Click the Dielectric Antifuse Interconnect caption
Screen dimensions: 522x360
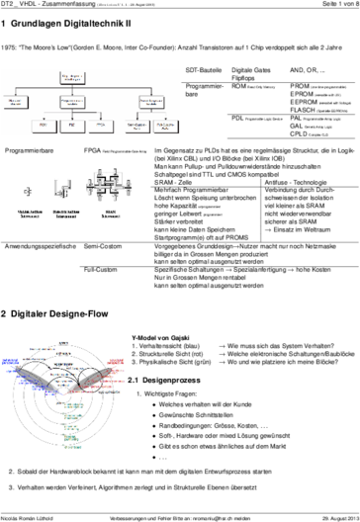click(67, 212)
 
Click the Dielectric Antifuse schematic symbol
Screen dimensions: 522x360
click(66, 188)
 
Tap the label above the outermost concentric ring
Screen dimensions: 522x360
click(63, 341)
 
